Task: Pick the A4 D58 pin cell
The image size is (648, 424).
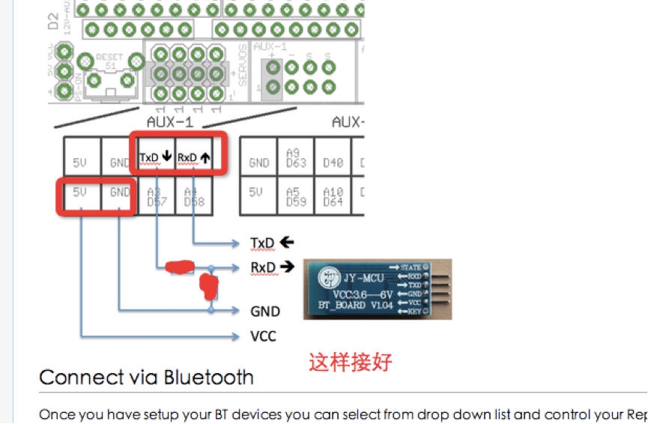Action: point(193,197)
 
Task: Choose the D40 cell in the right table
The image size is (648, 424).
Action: point(333,162)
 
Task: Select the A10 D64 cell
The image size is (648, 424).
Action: point(333,197)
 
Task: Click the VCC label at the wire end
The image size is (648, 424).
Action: point(263,336)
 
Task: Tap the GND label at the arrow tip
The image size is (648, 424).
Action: point(265,311)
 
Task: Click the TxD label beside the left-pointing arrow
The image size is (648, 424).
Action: point(263,243)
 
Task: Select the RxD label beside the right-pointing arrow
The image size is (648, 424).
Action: point(263,267)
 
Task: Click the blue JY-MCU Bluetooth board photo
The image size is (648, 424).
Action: point(377,289)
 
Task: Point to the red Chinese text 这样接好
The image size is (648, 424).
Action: point(351,363)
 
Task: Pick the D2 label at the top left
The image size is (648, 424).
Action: point(53,20)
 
